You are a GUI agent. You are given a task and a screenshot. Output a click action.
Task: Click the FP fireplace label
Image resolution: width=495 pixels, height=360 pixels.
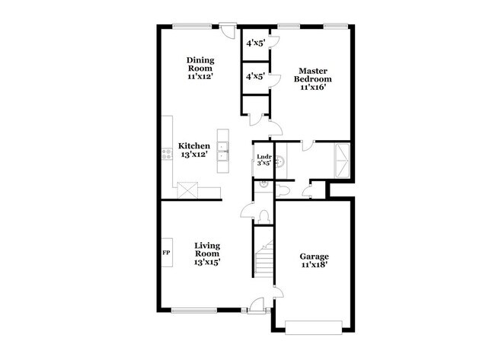(x=166, y=252)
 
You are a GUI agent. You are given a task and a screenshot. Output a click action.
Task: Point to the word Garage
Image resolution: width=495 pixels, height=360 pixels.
(x=313, y=256)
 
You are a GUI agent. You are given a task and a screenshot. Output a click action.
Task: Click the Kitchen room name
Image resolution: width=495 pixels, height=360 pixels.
(x=195, y=145)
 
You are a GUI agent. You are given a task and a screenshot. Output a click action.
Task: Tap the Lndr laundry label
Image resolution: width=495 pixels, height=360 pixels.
(x=263, y=158)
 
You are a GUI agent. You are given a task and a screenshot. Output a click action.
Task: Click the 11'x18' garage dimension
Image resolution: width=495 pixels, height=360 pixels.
(x=313, y=266)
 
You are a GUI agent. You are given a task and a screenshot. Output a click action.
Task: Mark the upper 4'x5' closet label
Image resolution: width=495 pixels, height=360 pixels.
(x=254, y=43)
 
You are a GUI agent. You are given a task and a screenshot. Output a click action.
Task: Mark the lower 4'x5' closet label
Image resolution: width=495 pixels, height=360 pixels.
(x=254, y=75)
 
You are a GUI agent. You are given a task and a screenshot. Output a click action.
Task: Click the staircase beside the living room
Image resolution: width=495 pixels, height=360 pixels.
(x=263, y=259)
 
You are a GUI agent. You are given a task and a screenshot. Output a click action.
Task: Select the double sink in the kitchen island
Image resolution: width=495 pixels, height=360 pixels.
(x=223, y=151)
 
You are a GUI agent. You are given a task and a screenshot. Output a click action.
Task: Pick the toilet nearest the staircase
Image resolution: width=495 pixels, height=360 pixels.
(x=263, y=217)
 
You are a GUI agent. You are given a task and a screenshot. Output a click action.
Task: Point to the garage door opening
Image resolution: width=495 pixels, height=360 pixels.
(x=314, y=328)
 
